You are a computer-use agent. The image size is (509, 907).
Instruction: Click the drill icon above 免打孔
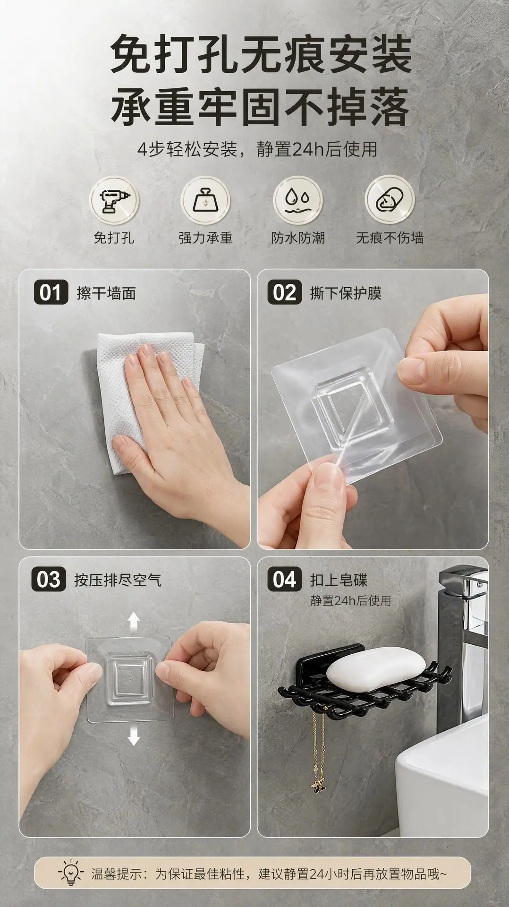[114, 200]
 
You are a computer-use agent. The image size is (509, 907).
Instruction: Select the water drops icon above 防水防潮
[297, 200]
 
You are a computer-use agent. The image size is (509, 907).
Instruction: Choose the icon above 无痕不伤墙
[390, 200]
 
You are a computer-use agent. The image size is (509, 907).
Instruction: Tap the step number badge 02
[285, 293]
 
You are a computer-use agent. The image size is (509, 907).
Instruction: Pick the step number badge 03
[49, 580]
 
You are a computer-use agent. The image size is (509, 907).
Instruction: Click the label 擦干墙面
[106, 293]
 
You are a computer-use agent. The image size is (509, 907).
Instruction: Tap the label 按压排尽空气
[118, 580]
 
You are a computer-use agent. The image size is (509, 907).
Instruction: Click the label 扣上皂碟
[338, 580]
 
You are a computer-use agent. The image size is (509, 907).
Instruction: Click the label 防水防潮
[297, 237]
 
